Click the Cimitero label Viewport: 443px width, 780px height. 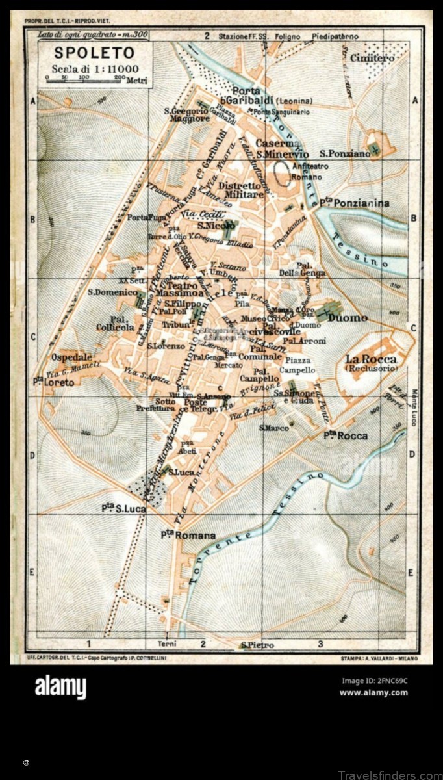click(x=372, y=58)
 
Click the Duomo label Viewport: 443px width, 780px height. click(x=348, y=318)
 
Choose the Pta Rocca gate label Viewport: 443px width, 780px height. click(x=346, y=435)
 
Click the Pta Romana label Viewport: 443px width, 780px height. click(x=188, y=536)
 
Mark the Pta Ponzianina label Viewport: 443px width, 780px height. click(x=353, y=203)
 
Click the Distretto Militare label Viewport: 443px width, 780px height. click(x=241, y=190)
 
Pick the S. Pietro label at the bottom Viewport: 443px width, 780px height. click(x=257, y=645)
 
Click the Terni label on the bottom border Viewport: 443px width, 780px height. click(x=167, y=644)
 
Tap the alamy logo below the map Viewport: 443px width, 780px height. click(x=60, y=687)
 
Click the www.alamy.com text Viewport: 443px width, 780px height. click(x=373, y=692)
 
